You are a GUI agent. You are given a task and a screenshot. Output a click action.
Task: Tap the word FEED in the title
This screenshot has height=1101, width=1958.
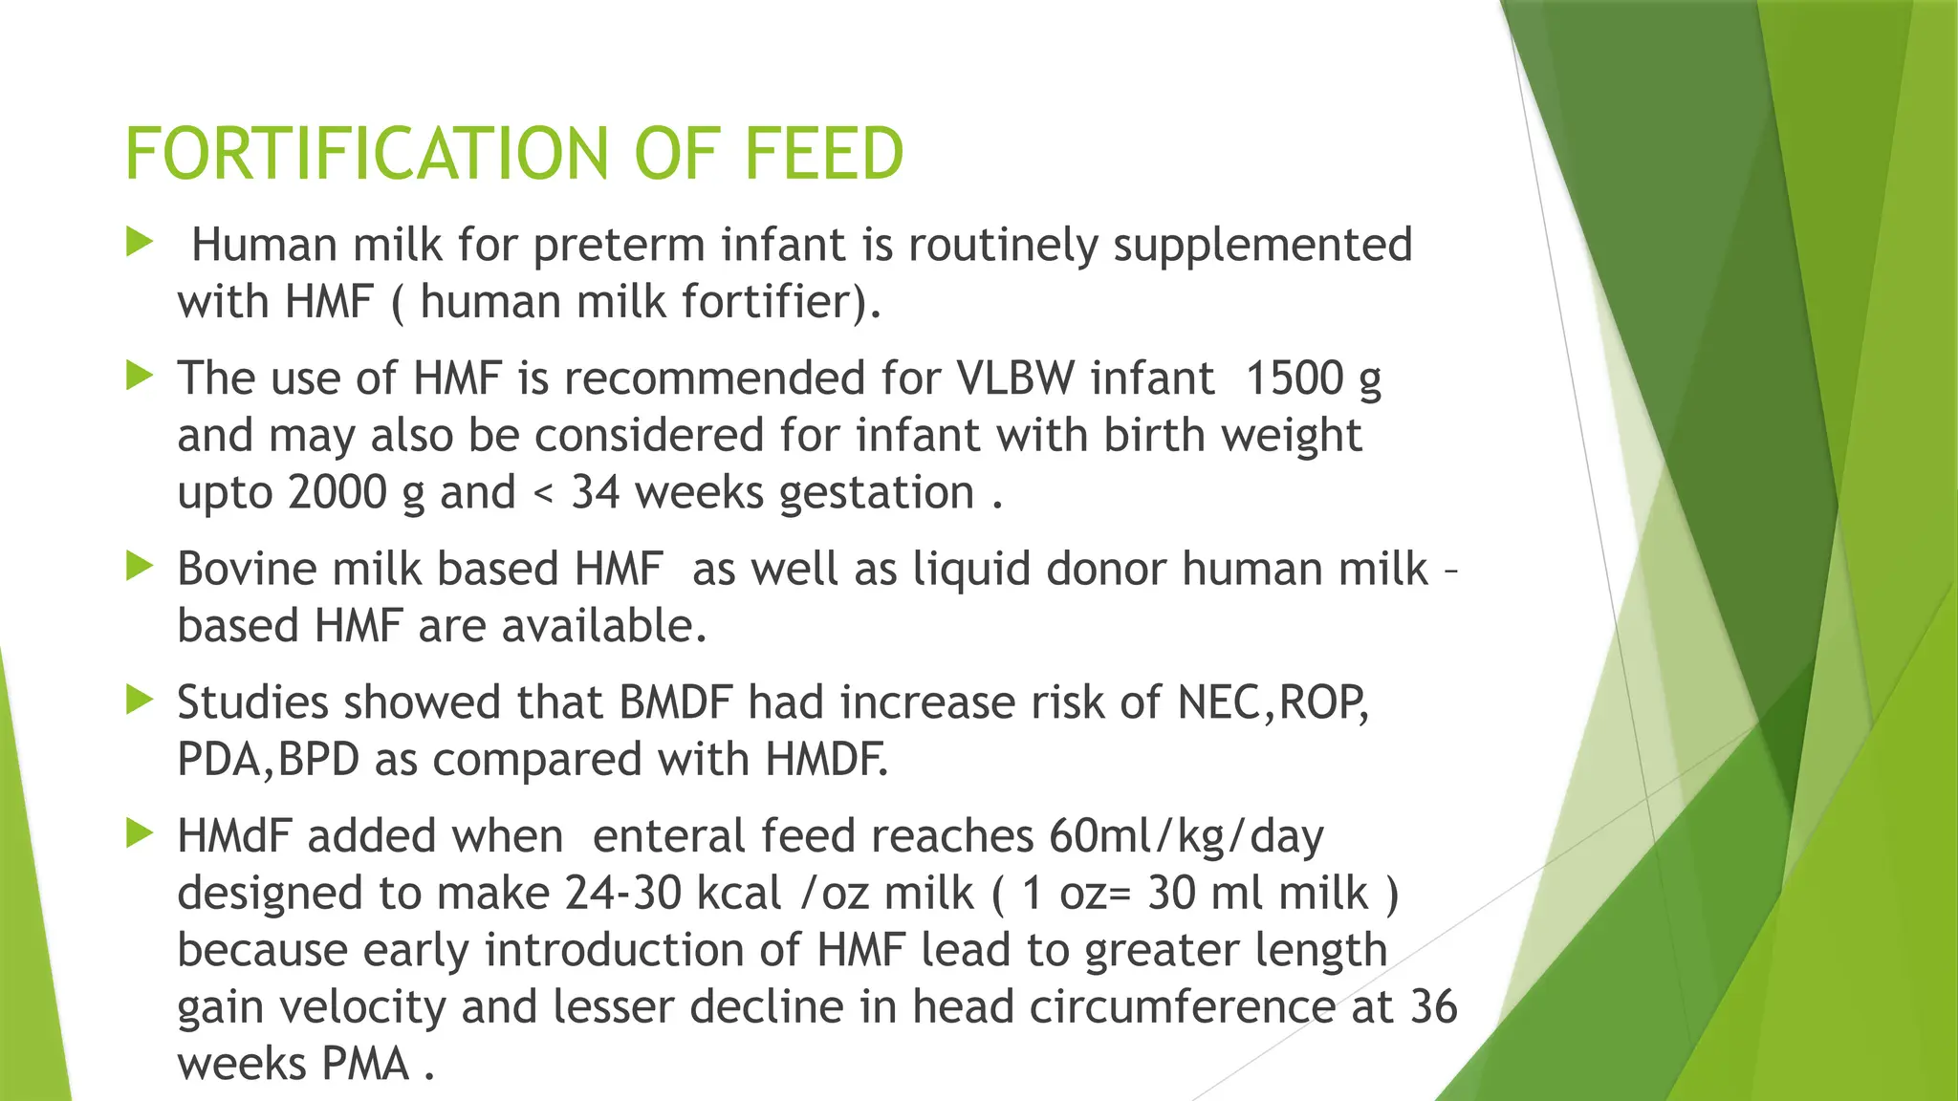tap(823, 154)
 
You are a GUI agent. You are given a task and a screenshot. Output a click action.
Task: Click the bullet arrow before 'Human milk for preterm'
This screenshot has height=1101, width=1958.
tap(140, 242)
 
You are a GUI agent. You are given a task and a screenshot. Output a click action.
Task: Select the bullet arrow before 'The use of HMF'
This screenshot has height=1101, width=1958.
tap(140, 376)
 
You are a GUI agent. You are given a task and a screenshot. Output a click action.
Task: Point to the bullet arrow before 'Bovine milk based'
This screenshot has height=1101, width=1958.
tap(140, 567)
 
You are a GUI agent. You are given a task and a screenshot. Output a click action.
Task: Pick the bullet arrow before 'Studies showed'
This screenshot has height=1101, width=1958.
tap(140, 701)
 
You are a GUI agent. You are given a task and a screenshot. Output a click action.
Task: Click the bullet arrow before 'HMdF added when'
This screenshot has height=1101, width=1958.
tap(140, 834)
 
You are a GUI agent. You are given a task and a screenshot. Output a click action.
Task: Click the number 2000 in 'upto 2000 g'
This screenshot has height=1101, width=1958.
tap(337, 493)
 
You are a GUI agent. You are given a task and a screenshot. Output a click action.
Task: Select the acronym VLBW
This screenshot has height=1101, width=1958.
tap(1015, 378)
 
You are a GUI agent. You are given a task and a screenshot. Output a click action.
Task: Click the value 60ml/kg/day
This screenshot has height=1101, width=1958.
tap(1186, 837)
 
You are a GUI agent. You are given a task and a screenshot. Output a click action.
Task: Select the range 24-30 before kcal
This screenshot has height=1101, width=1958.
tap(622, 894)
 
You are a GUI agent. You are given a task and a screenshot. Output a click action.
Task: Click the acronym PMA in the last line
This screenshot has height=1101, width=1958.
tap(365, 1065)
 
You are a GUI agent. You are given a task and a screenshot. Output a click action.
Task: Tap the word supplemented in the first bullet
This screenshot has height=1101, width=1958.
tap(1262, 246)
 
